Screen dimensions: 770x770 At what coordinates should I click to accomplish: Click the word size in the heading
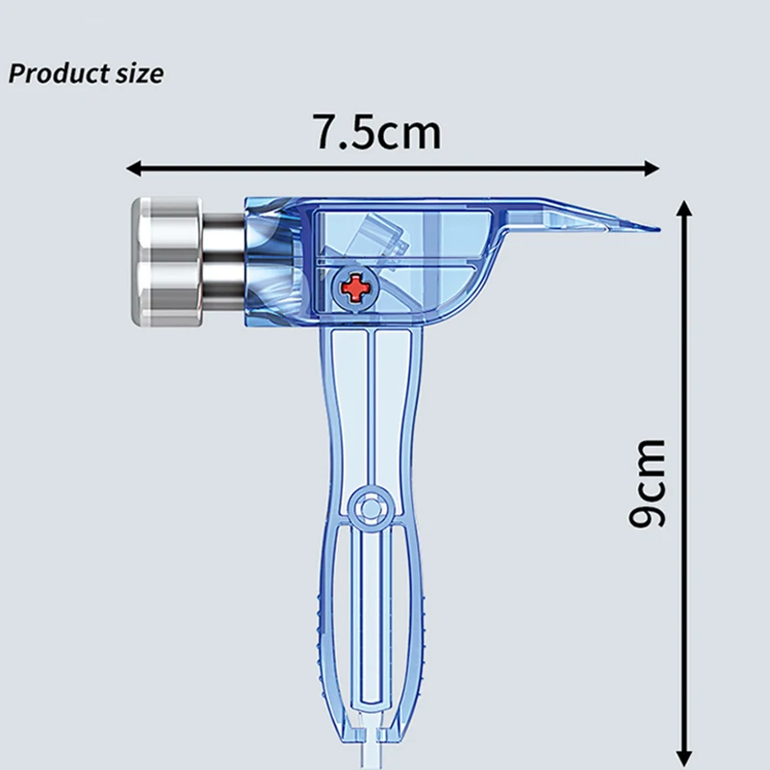[x=140, y=74]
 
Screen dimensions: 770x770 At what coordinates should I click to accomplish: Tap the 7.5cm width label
[x=377, y=132]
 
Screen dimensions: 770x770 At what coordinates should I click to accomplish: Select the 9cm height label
[x=648, y=484]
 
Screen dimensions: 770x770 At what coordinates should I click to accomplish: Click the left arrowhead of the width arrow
[x=134, y=168]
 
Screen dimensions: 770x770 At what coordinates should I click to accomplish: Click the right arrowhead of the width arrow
[x=652, y=168]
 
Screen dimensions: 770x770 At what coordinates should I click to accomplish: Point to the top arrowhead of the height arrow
[x=684, y=208]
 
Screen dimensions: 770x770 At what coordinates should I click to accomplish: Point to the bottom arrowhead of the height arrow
[x=684, y=758]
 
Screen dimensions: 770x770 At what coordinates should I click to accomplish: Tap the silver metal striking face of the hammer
[x=167, y=262]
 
